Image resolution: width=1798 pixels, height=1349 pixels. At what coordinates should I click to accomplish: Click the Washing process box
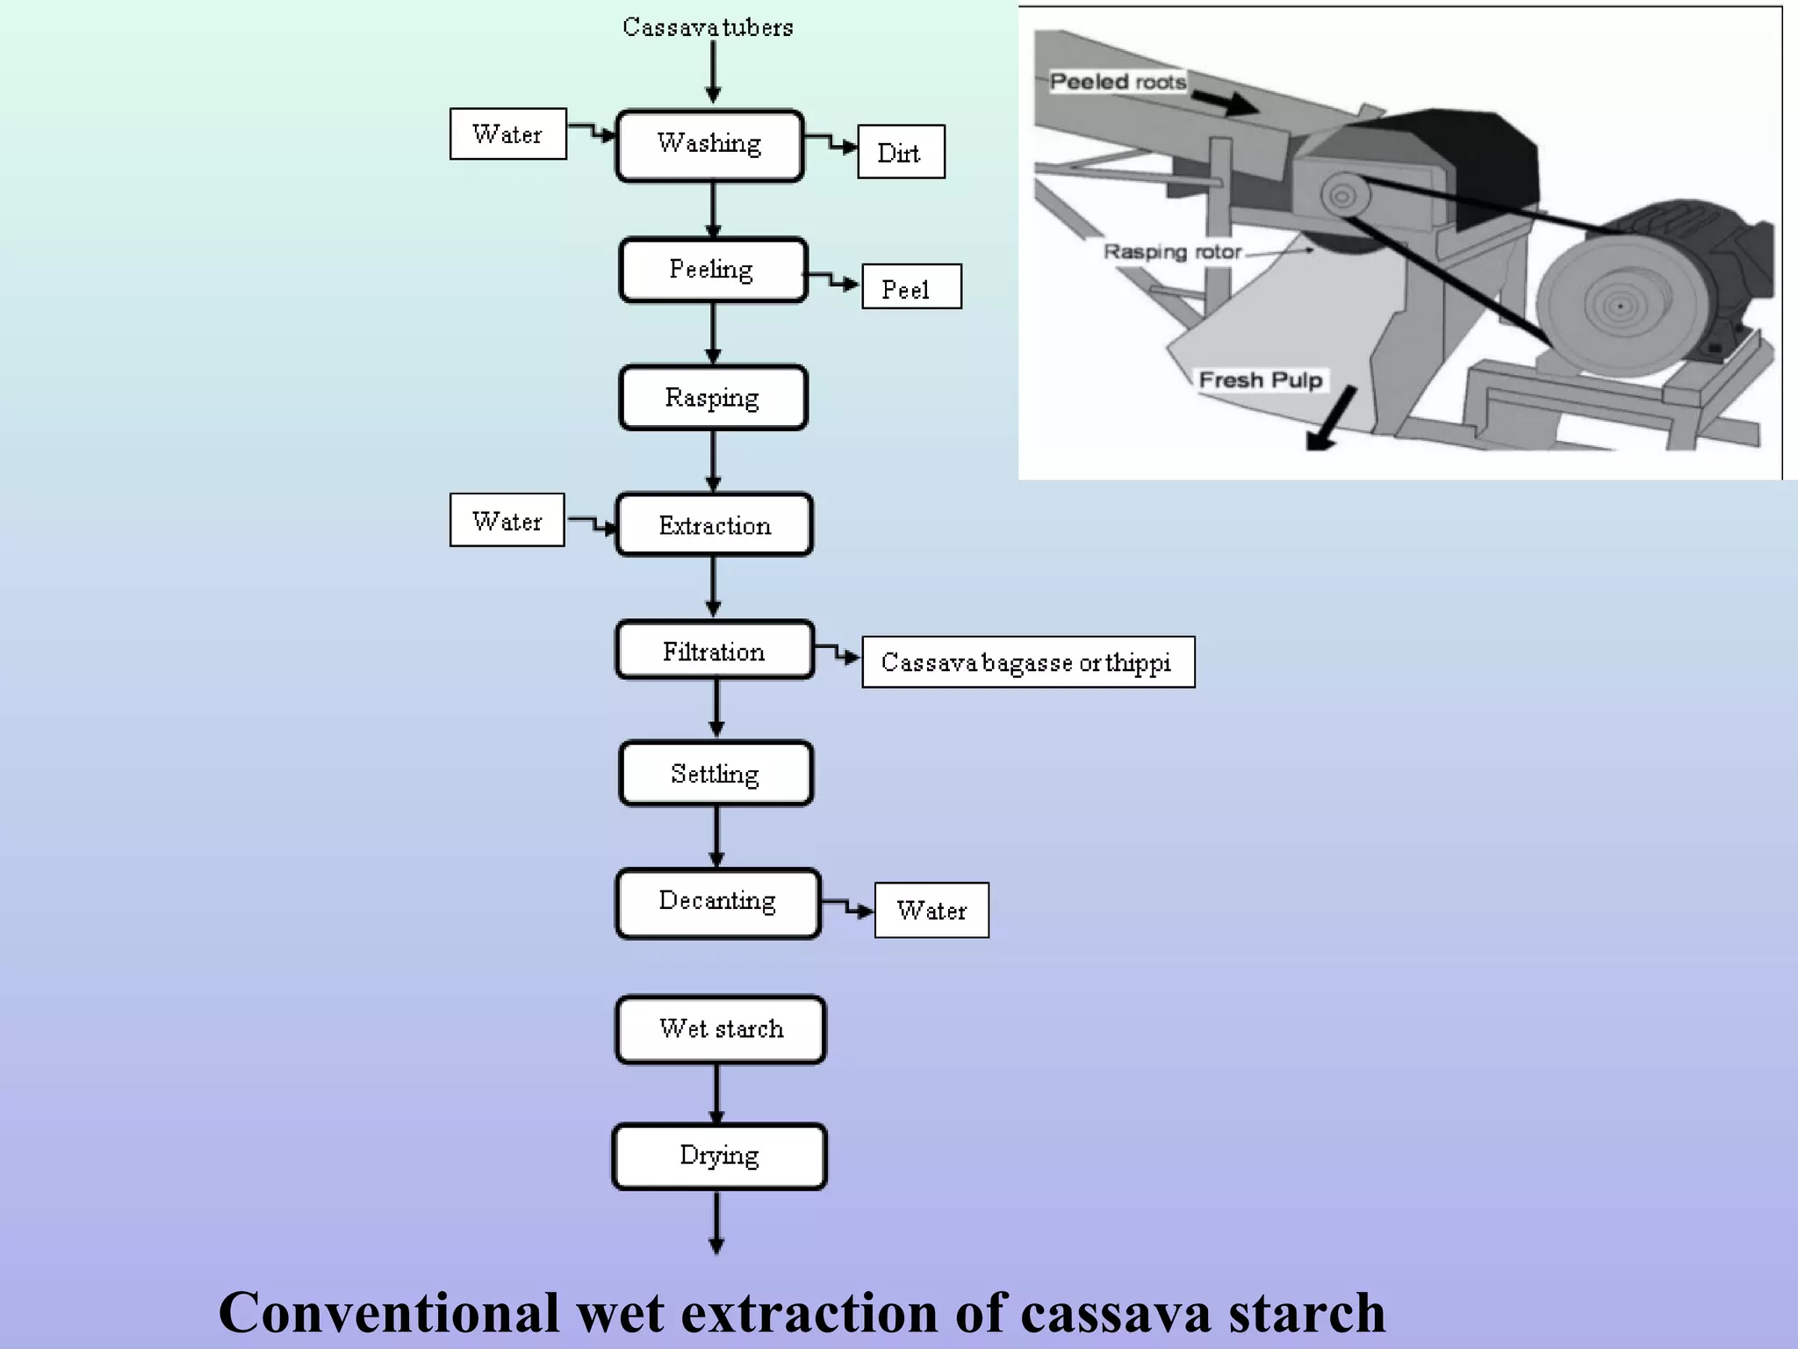[709, 146]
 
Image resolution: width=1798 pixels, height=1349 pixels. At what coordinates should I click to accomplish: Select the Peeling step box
[712, 270]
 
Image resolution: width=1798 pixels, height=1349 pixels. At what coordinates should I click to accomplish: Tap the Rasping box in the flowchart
[712, 398]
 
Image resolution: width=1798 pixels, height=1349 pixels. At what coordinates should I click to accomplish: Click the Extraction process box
[714, 525]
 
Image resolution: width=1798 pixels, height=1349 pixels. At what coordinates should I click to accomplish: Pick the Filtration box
[714, 651]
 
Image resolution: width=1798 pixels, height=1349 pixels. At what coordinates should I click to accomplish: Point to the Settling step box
[715, 774]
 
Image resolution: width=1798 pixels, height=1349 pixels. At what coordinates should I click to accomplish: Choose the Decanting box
[717, 903]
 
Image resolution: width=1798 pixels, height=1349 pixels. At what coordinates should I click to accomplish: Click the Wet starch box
[720, 1029]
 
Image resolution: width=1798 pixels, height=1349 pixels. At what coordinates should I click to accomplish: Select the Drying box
[719, 1157]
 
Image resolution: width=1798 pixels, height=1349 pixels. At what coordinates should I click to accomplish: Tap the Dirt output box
[901, 152]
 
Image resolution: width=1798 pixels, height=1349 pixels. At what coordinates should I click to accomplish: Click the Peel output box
[910, 287]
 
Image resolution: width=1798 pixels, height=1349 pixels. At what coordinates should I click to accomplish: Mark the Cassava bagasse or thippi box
[1027, 662]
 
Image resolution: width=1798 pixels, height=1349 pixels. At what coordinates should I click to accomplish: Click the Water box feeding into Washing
[507, 133]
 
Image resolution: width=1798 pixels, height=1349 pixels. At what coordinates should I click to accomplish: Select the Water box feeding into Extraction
[507, 520]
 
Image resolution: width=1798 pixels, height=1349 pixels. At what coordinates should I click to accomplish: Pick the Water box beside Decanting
[931, 910]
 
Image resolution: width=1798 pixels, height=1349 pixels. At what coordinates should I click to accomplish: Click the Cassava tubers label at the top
[708, 27]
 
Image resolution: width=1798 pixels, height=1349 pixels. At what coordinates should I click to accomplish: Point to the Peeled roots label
[1117, 82]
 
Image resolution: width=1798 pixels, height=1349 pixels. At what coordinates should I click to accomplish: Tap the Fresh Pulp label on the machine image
[1260, 379]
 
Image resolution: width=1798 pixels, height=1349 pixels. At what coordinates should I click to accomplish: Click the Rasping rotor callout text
[1172, 252]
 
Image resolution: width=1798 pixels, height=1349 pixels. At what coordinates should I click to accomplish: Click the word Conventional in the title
[390, 1312]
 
